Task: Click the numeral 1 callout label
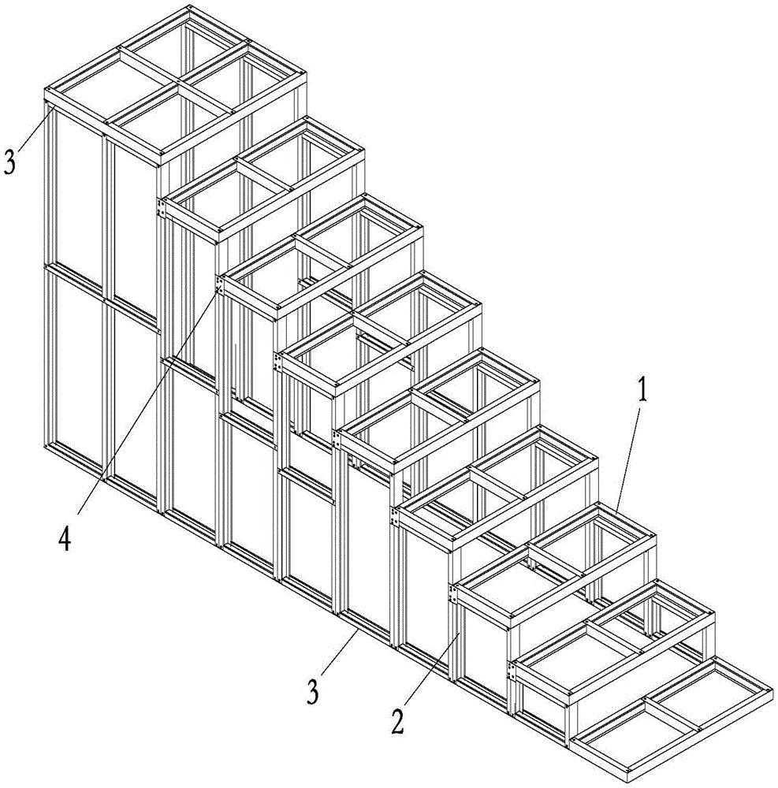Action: pyautogui.click(x=642, y=389)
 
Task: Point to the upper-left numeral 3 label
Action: pyautogui.click(x=9, y=161)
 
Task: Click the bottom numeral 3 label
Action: pyautogui.click(x=313, y=692)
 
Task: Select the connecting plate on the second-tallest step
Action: pyautogui.click(x=161, y=208)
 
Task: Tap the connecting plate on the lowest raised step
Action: pyautogui.click(x=512, y=672)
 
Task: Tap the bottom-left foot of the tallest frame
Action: pyautogui.click(x=47, y=446)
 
